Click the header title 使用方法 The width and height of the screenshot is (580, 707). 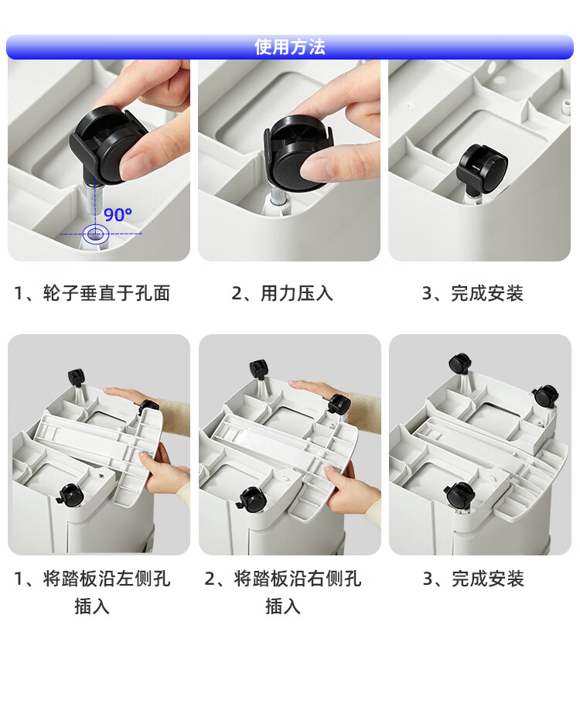coord(290,47)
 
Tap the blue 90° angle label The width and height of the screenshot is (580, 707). coord(118,214)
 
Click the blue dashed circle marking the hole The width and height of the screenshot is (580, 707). coord(96,234)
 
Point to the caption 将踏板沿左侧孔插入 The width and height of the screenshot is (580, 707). coord(92,593)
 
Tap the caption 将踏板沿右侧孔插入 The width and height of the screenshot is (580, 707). coord(282,593)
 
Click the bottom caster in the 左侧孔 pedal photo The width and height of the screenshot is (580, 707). coord(70,495)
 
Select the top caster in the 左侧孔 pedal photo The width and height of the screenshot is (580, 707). coord(76,377)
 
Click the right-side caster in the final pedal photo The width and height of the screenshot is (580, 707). coord(545,396)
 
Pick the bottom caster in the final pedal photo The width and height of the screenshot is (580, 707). coord(460,495)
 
